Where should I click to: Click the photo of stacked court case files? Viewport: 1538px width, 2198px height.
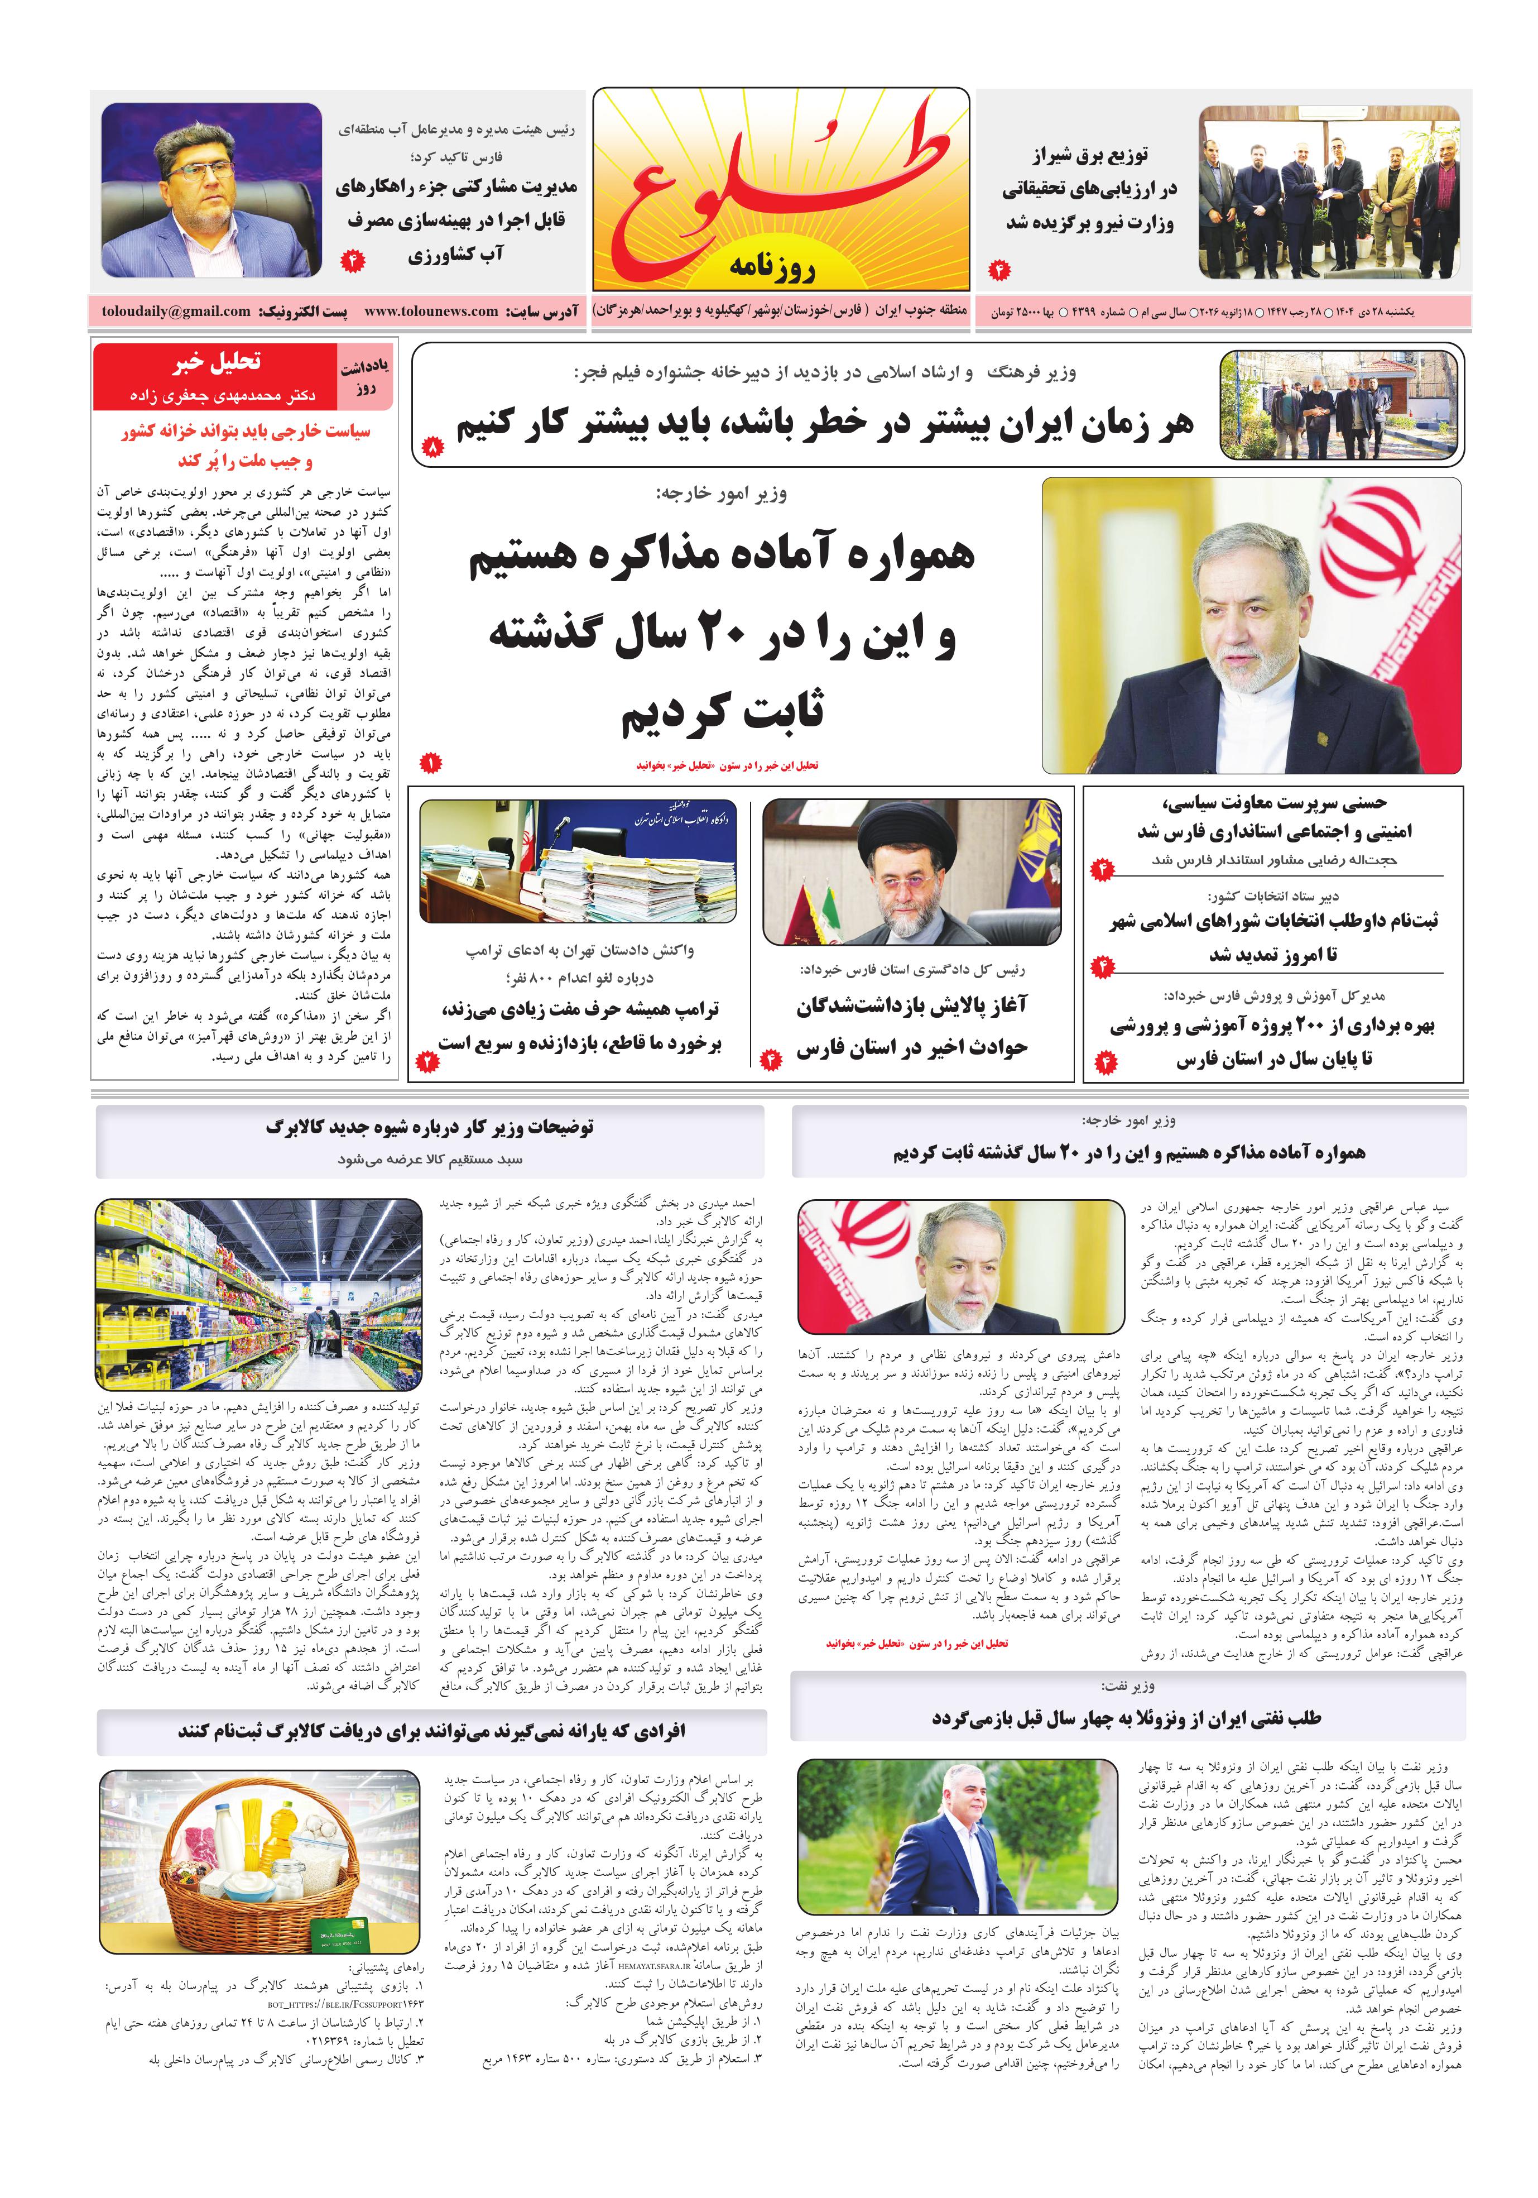tap(578, 861)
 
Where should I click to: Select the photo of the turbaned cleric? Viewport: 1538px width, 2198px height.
tap(912, 870)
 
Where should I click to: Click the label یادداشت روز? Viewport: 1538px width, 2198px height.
tap(364, 379)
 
